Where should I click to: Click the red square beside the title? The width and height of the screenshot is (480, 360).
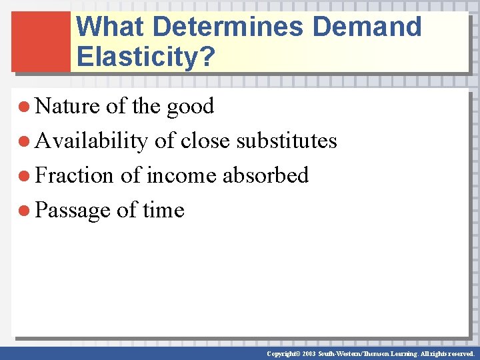pos(41,41)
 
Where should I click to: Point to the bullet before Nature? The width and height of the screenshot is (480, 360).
pos(25,107)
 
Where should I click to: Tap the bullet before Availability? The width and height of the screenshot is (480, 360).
pos(25,141)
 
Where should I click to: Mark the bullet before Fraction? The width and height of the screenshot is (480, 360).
pos(25,176)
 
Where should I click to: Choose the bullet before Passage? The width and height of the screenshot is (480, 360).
pos(25,211)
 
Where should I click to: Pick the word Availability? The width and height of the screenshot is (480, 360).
pos(91,141)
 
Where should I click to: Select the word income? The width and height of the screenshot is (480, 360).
pos(181,175)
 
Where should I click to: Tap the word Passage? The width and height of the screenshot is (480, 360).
pos(72,211)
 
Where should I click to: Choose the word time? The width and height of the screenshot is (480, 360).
pos(163,210)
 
